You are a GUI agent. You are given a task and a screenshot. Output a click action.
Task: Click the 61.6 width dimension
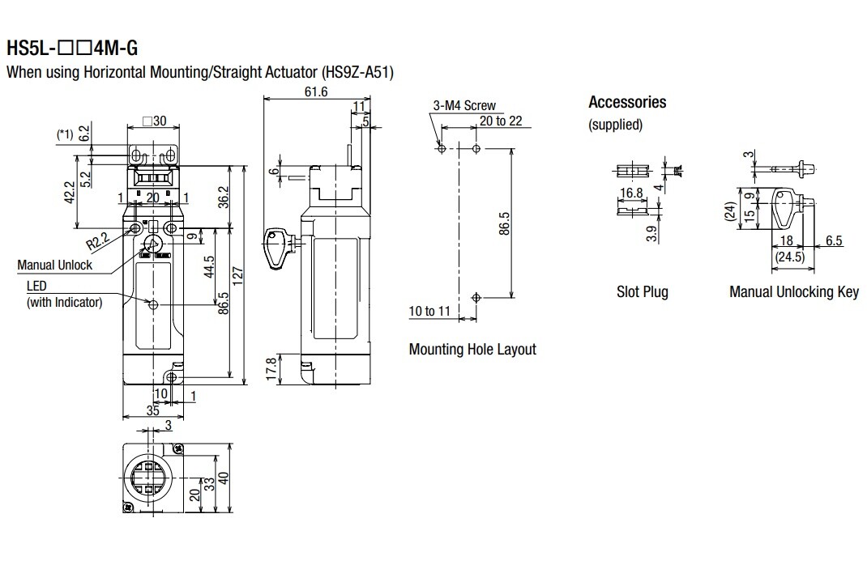316,91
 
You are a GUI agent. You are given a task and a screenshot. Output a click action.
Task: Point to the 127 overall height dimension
237,274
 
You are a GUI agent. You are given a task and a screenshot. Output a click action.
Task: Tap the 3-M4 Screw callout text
464,106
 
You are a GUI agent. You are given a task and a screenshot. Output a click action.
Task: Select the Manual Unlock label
55,265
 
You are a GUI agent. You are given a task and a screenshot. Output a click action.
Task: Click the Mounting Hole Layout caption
472,350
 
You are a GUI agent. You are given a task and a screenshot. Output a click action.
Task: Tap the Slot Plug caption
643,291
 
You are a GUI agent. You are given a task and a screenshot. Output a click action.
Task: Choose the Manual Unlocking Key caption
793,291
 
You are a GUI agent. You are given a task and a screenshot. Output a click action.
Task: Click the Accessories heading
627,102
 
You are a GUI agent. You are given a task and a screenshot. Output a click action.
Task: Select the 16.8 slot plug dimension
631,193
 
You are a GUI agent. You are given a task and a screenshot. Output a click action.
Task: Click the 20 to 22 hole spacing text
501,121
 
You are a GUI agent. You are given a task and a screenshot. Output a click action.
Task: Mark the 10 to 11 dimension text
429,311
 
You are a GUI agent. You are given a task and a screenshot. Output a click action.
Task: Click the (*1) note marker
66,134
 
